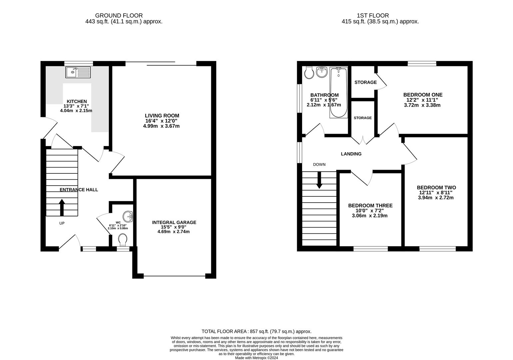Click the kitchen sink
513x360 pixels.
click(78, 72)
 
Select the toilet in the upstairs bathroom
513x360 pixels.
click(309, 73)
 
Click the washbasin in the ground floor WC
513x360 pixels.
click(128, 217)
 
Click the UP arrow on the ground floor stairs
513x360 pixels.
click(62, 208)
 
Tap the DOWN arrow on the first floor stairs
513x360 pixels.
click(319, 180)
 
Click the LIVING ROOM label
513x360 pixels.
click(162, 116)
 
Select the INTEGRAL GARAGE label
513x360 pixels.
click(174, 222)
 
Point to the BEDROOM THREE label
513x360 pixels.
click(370, 206)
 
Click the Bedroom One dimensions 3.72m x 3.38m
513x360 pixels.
click(422, 105)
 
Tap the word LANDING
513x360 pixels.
click(351, 154)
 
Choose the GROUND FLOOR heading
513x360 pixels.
click(119, 16)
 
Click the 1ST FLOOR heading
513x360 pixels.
click(373, 16)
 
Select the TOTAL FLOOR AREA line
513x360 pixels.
click(256, 331)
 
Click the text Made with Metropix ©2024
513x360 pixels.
click(256, 358)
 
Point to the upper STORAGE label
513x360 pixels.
click(365, 82)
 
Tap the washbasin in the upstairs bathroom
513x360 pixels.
click(322, 72)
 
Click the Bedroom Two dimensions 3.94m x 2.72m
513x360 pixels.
click(436, 198)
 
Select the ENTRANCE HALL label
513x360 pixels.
click(79, 190)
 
